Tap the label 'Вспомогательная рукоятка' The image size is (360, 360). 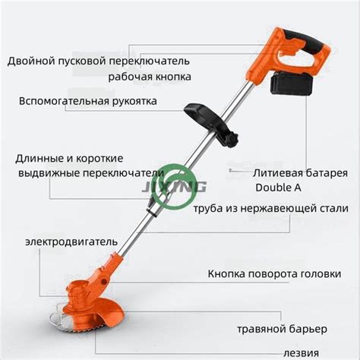[x=88, y=101]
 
